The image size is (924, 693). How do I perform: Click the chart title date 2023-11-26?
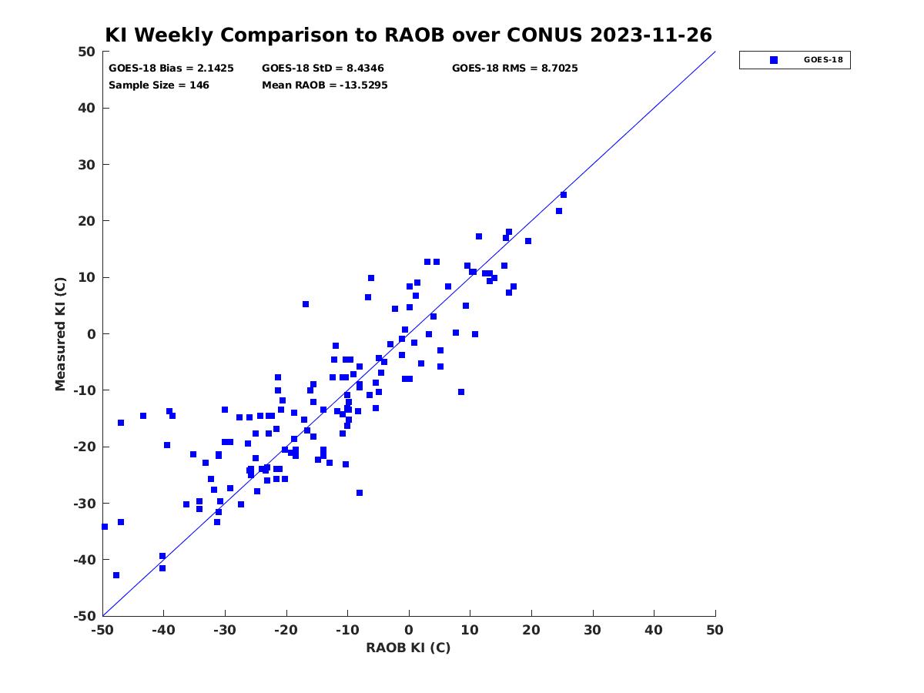[651, 35]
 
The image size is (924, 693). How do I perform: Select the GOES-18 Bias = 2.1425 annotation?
[171, 69]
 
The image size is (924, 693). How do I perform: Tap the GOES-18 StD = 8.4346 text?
[323, 69]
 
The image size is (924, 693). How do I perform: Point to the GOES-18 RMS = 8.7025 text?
[515, 69]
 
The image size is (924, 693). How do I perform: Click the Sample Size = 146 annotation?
[159, 85]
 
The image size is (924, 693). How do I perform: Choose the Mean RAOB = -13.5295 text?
[325, 85]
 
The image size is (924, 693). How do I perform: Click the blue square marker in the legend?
[774, 60]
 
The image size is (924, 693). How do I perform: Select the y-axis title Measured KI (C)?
[60, 333]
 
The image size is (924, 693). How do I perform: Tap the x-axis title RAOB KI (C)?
[408, 648]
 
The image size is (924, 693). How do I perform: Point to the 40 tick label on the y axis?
[87, 108]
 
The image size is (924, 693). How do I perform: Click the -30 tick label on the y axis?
[85, 504]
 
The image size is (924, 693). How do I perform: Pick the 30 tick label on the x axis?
[593, 630]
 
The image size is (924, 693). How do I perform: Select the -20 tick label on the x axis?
[286, 630]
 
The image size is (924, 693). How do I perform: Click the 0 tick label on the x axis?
[409, 630]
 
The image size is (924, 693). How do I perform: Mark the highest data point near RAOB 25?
[563, 195]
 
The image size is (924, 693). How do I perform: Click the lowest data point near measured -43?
[116, 575]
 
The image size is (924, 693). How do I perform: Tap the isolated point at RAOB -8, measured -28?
[360, 493]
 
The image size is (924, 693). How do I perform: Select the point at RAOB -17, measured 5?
[306, 304]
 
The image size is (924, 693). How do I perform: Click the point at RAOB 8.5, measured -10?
[461, 392]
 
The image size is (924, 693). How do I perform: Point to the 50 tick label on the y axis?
[87, 52]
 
